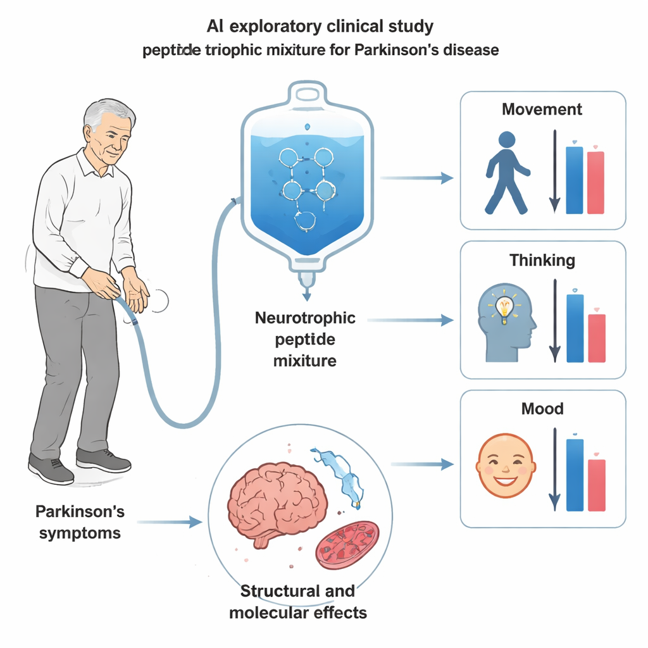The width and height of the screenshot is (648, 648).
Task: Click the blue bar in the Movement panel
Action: pos(574,180)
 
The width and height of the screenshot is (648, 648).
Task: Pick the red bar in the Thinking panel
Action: pos(597,338)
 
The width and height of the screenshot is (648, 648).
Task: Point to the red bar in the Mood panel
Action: pos(597,485)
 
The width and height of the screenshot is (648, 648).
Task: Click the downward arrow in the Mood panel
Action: pos(554,469)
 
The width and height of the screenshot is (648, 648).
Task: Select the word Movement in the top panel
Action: pos(542,109)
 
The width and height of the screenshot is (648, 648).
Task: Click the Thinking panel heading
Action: pos(542,260)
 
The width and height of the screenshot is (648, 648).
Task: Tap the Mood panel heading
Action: pos(542,409)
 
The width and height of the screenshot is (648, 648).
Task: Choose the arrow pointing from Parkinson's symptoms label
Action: pos(168,522)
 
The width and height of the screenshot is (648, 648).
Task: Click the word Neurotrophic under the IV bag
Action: pos(305,318)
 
